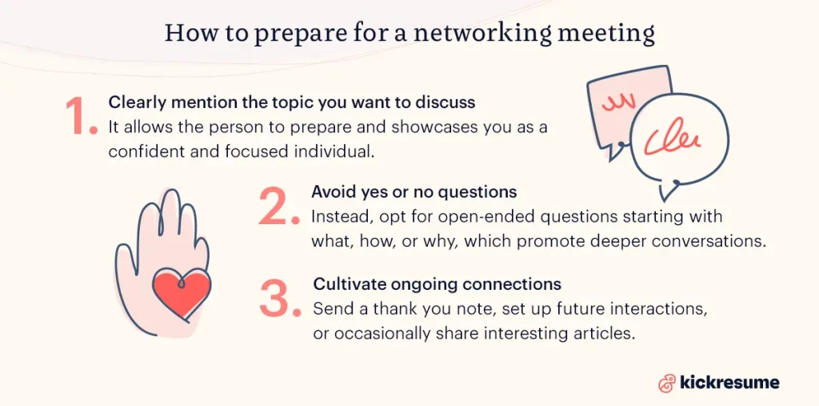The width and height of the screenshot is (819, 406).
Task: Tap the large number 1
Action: pyautogui.click(x=80, y=118)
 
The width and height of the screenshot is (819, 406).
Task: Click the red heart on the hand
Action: pyautogui.click(x=181, y=291)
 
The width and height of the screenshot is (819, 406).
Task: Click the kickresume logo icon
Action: pyautogui.click(x=666, y=383)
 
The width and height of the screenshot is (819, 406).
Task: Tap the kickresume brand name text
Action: pyautogui.click(x=729, y=383)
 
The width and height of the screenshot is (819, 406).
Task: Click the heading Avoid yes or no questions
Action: pyautogui.click(x=413, y=193)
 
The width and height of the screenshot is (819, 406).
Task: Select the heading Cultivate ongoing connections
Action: pyautogui.click(x=437, y=284)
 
